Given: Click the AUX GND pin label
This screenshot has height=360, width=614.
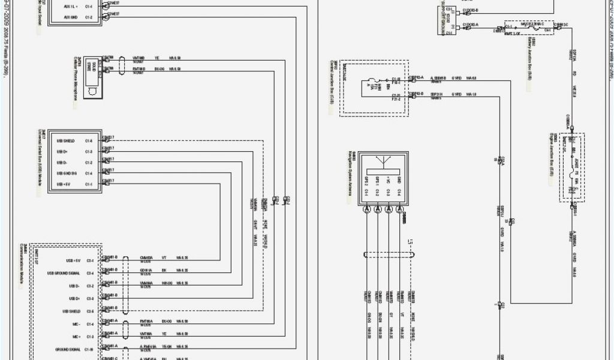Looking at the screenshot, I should [x=71, y=18].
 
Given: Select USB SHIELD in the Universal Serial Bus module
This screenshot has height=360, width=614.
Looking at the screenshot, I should [x=65, y=142].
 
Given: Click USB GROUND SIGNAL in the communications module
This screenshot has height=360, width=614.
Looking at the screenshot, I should [x=64, y=274].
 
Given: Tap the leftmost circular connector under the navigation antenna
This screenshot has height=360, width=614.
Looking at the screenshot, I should [x=367, y=209].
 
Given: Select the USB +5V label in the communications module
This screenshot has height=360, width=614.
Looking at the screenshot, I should [x=73, y=261].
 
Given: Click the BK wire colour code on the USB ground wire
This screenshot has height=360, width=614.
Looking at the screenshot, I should [x=164, y=270].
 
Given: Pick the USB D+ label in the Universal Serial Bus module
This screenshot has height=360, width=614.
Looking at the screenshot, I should [x=62, y=152].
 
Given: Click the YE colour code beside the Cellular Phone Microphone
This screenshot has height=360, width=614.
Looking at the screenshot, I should [x=157, y=58].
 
